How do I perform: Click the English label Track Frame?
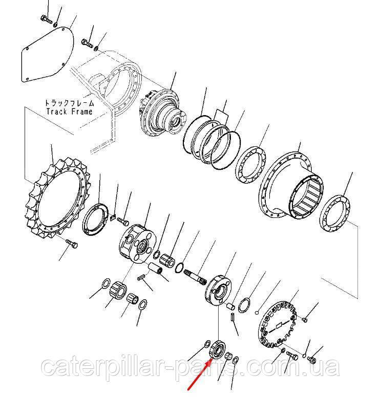[x=70, y=111]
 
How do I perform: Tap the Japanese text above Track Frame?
[x=70, y=103]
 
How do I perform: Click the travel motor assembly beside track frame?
[x=163, y=113]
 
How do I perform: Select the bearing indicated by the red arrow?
[x=218, y=349]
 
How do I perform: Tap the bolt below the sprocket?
[x=72, y=244]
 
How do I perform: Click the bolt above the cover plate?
[x=47, y=19]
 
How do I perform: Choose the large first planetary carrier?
[x=137, y=243]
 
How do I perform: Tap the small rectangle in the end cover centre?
[x=280, y=325]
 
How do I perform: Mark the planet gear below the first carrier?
[x=118, y=291]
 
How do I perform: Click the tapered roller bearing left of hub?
[x=251, y=165]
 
